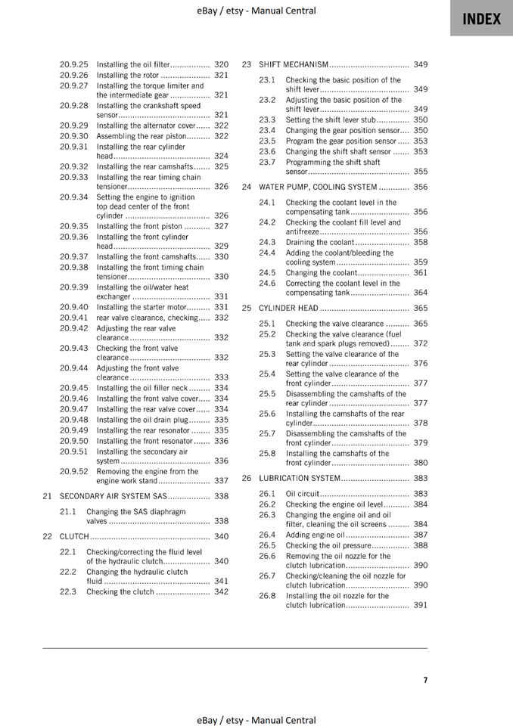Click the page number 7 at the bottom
click(x=425, y=680)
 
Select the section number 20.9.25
click(x=74, y=65)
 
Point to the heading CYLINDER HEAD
click(x=288, y=309)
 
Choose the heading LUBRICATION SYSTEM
click(x=300, y=479)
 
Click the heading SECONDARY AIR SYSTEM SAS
click(x=113, y=497)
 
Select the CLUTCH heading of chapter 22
click(x=74, y=537)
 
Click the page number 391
click(x=421, y=606)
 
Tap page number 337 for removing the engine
click(x=221, y=481)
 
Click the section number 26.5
click(x=267, y=545)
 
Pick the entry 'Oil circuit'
click(x=303, y=494)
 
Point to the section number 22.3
click(x=68, y=592)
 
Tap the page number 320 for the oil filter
click(x=221, y=65)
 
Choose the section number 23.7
click(x=267, y=162)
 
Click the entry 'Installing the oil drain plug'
click(x=142, y=420)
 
